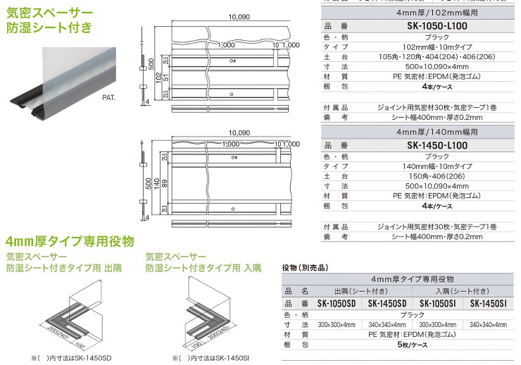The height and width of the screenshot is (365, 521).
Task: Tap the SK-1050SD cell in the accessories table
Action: pyautogui.click(x=341, y=304)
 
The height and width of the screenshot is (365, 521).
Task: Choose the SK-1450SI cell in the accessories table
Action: pyautogui.click(x=487, y=304)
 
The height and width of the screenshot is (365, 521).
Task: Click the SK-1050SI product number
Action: pyautogui.click(x=438, y=304)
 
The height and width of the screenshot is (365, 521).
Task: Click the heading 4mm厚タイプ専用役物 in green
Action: pyautogui.click(x=69, y=241)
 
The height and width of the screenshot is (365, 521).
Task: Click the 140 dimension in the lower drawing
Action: pyautogui.click(x=156, y=185)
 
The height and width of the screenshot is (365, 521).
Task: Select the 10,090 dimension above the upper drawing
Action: pyautogui.click(x=239, y=14)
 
